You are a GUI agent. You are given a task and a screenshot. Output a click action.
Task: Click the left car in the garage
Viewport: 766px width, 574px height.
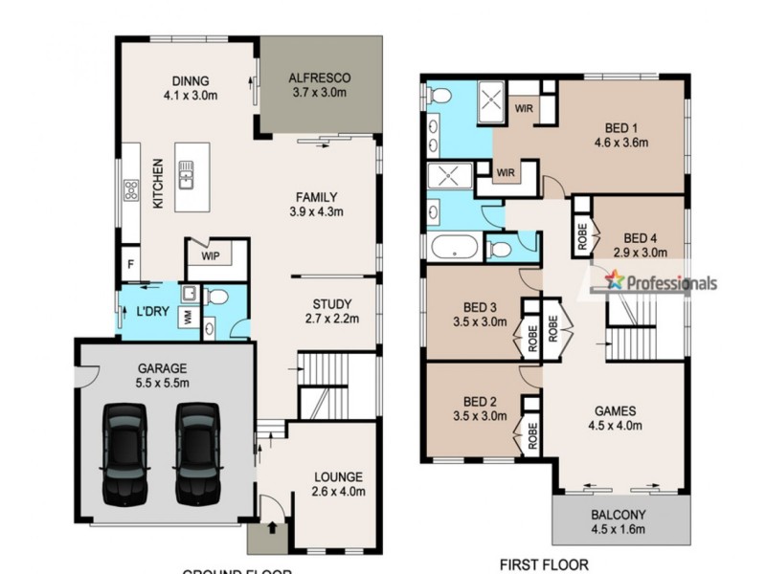click(x=124, y=453)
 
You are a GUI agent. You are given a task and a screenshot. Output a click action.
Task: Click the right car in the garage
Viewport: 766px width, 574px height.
click(x=197, y=453)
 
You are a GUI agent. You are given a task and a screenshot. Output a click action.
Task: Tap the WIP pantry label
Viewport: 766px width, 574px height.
click(x=211, y=256)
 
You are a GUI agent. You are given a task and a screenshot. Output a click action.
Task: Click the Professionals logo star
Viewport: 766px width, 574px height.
click(x=614, y=280)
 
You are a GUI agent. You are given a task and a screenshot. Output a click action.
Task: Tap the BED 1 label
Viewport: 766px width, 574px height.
click(x=621, y=127)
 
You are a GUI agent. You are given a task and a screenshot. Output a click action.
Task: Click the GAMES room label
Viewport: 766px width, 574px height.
click(x=615, y=412)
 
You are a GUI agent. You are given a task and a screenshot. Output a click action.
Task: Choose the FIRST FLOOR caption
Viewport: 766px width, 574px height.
click(x=544, y=564)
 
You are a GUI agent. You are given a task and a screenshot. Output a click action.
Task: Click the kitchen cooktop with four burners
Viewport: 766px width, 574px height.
click(x=128, y=192)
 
